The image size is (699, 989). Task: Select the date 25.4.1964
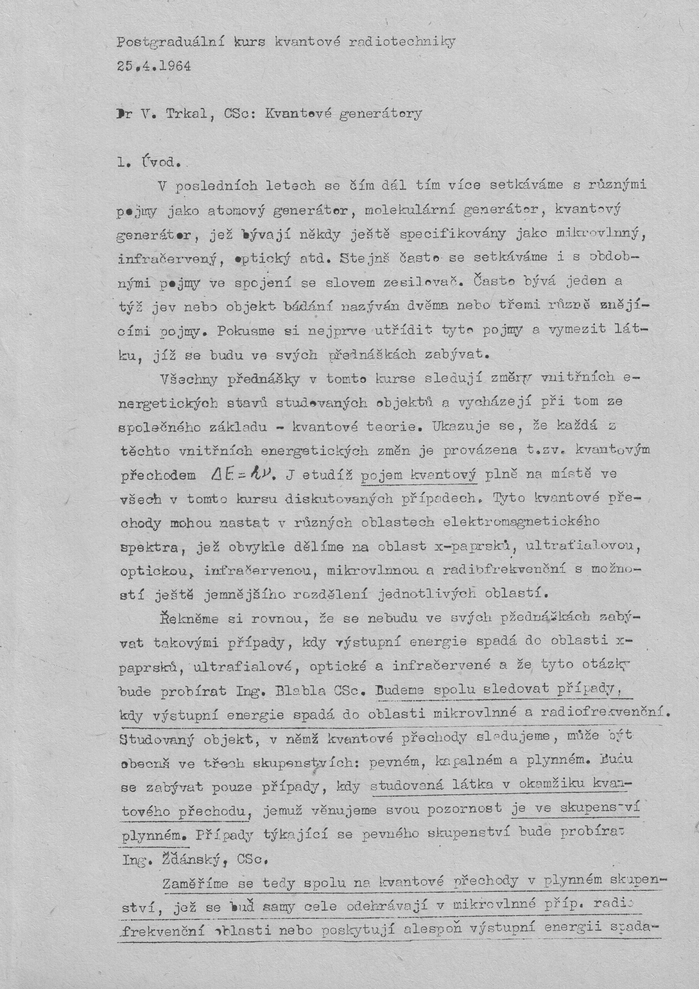[154, 67]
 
